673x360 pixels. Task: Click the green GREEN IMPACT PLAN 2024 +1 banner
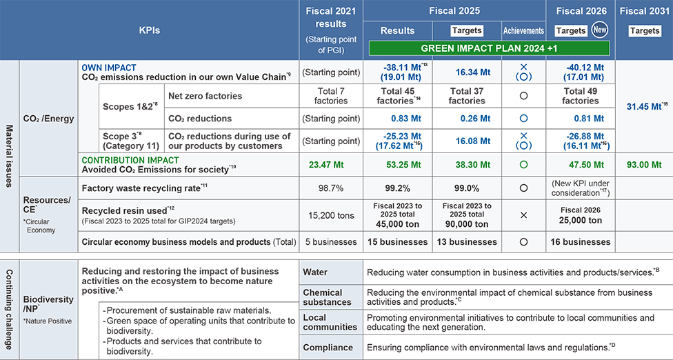coord(489,49)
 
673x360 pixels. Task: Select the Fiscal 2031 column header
coord(645,10)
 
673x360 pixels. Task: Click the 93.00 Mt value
coord(645,165)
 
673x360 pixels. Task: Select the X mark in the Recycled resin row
coord(523,215)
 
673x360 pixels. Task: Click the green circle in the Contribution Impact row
coord(523,165)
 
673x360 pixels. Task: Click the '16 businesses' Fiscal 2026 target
coord(581,241)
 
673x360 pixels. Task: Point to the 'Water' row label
coord(316,272)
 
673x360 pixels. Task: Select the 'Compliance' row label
coord(329,348)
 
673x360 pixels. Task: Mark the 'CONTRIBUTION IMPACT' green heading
coord(121,160)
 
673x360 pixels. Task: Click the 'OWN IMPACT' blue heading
coord(109,68)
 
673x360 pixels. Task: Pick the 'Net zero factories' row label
coord(205,96)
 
